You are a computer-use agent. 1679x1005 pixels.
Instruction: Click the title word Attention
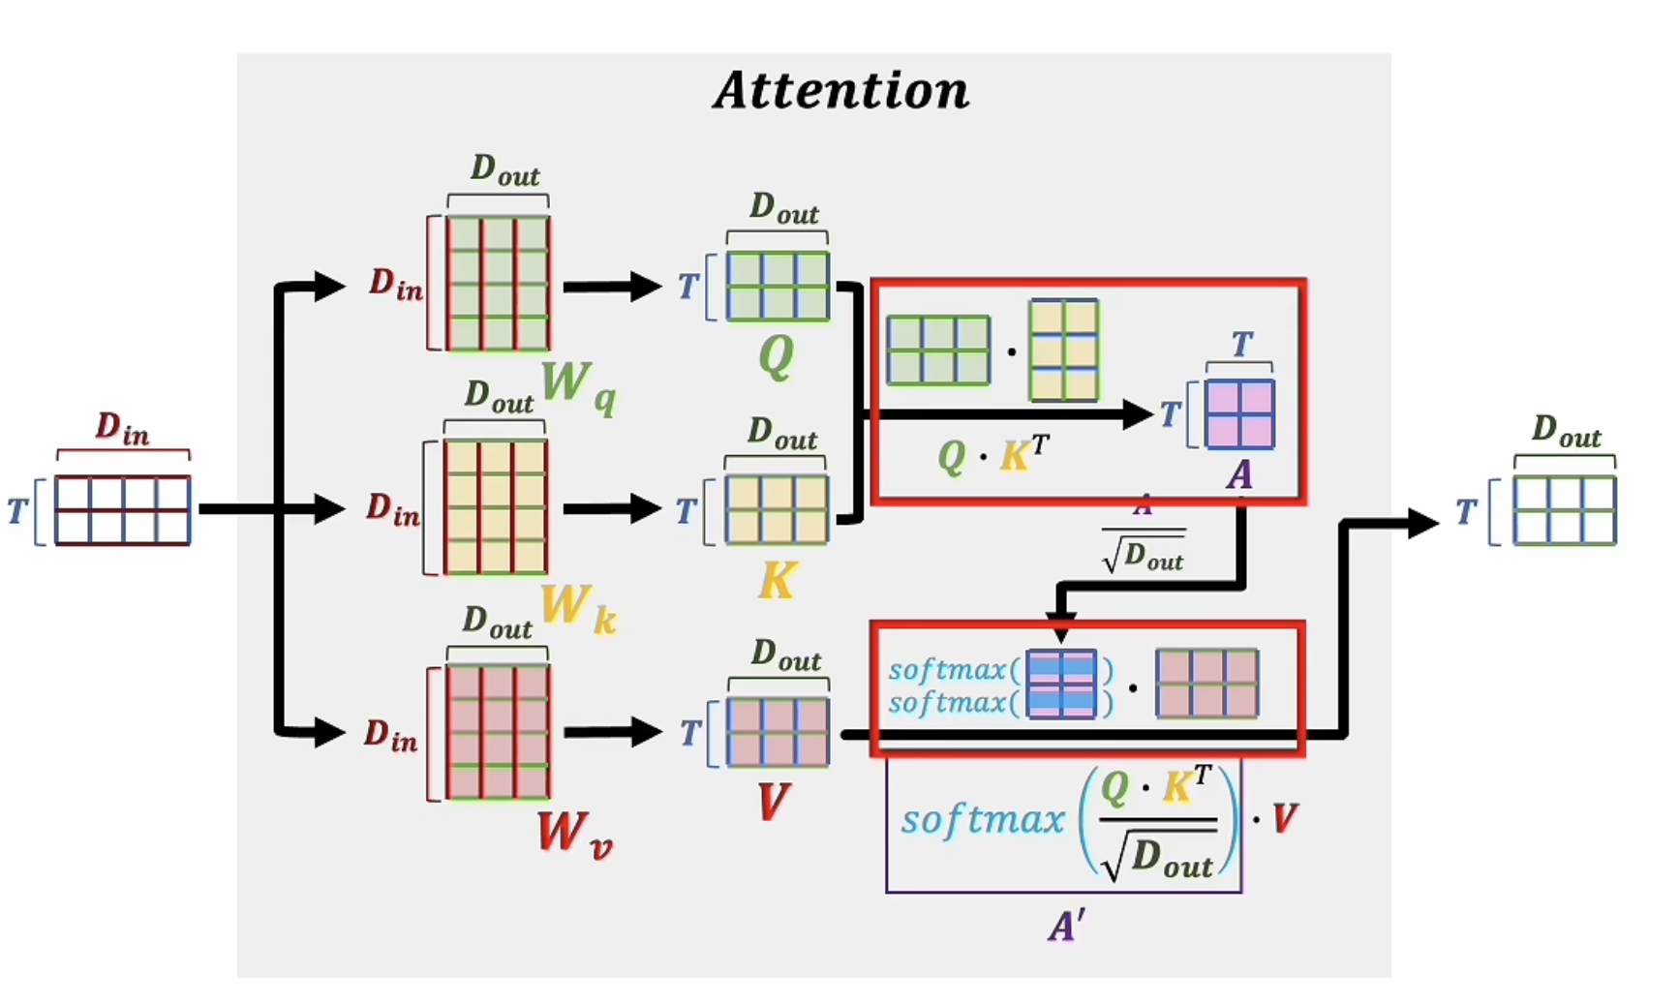(840, 91)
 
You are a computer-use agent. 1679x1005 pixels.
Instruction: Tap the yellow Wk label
(577, 608)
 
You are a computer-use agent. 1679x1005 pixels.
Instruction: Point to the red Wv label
(574, 834)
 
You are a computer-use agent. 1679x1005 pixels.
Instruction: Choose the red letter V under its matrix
(774, 803)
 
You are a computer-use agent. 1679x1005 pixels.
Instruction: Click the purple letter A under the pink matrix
(1239, 475)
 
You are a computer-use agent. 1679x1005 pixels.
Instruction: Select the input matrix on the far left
(122, 510)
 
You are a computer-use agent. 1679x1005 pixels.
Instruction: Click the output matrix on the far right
(1565, 510)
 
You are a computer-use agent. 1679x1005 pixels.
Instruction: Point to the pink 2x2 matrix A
(1239, 414)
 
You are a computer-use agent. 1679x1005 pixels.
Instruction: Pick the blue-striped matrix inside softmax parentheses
(1061, 685)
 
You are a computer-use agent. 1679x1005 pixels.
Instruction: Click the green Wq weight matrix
(498, 283)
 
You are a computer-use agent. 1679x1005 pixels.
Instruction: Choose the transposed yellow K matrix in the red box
(1063, 350)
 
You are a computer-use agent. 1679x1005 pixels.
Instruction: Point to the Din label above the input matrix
(122, 429)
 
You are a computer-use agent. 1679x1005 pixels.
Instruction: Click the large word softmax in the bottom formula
(982, 821)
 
